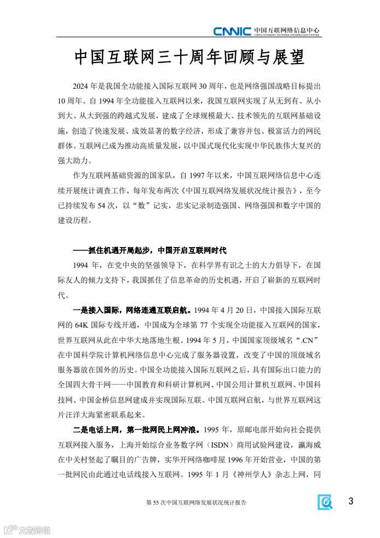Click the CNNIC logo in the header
[x=232, y=31]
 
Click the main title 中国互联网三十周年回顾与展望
[x=189, y=58]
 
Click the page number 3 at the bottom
[x=351, y=501]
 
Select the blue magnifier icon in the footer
[x=326, y=502]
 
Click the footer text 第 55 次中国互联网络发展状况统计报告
[x=196, y=502]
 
